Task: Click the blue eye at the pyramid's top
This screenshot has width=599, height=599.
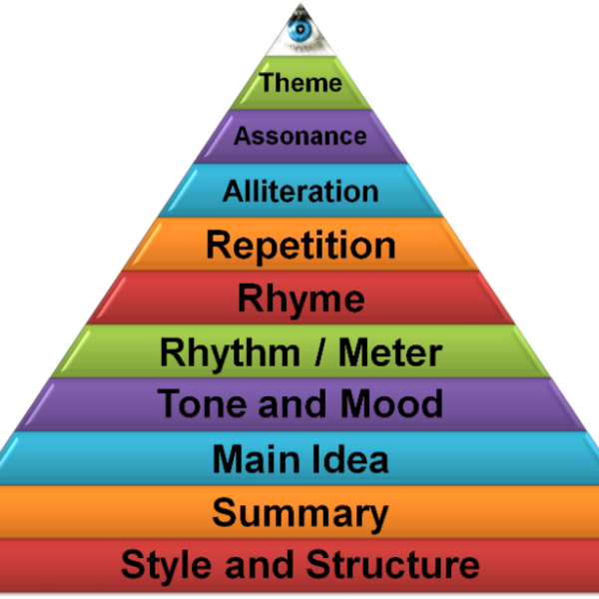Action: click(299, 31)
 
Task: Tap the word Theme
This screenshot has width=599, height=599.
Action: click(300, 83)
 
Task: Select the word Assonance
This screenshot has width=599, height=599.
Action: click(300, 136)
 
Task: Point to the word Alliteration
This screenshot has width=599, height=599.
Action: click(300, 191)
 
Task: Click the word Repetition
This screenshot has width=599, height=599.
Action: click(300, 245)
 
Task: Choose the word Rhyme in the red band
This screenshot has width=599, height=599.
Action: click(300, 299)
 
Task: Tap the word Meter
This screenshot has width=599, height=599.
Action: click(389, 352)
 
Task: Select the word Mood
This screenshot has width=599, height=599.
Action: click(391, 405)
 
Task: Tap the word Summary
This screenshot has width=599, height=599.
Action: click(300, 514)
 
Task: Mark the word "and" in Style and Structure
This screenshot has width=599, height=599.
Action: click(248, 566)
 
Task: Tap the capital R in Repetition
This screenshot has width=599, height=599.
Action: click(218, 245)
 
